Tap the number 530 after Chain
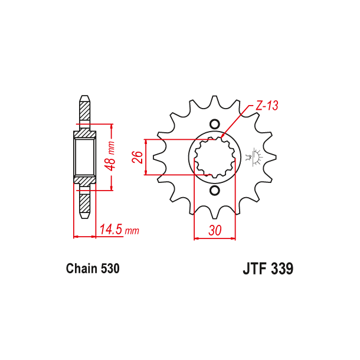(110, 269)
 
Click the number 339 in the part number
(282, 269)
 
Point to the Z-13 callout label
(266, 106)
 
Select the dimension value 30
(215, 230)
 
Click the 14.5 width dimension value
(110, 230)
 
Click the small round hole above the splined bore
(214, 124)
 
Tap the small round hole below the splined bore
(214, 191)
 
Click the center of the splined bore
(214, 158)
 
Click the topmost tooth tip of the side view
(84, 97)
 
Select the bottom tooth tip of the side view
(84, 217)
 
